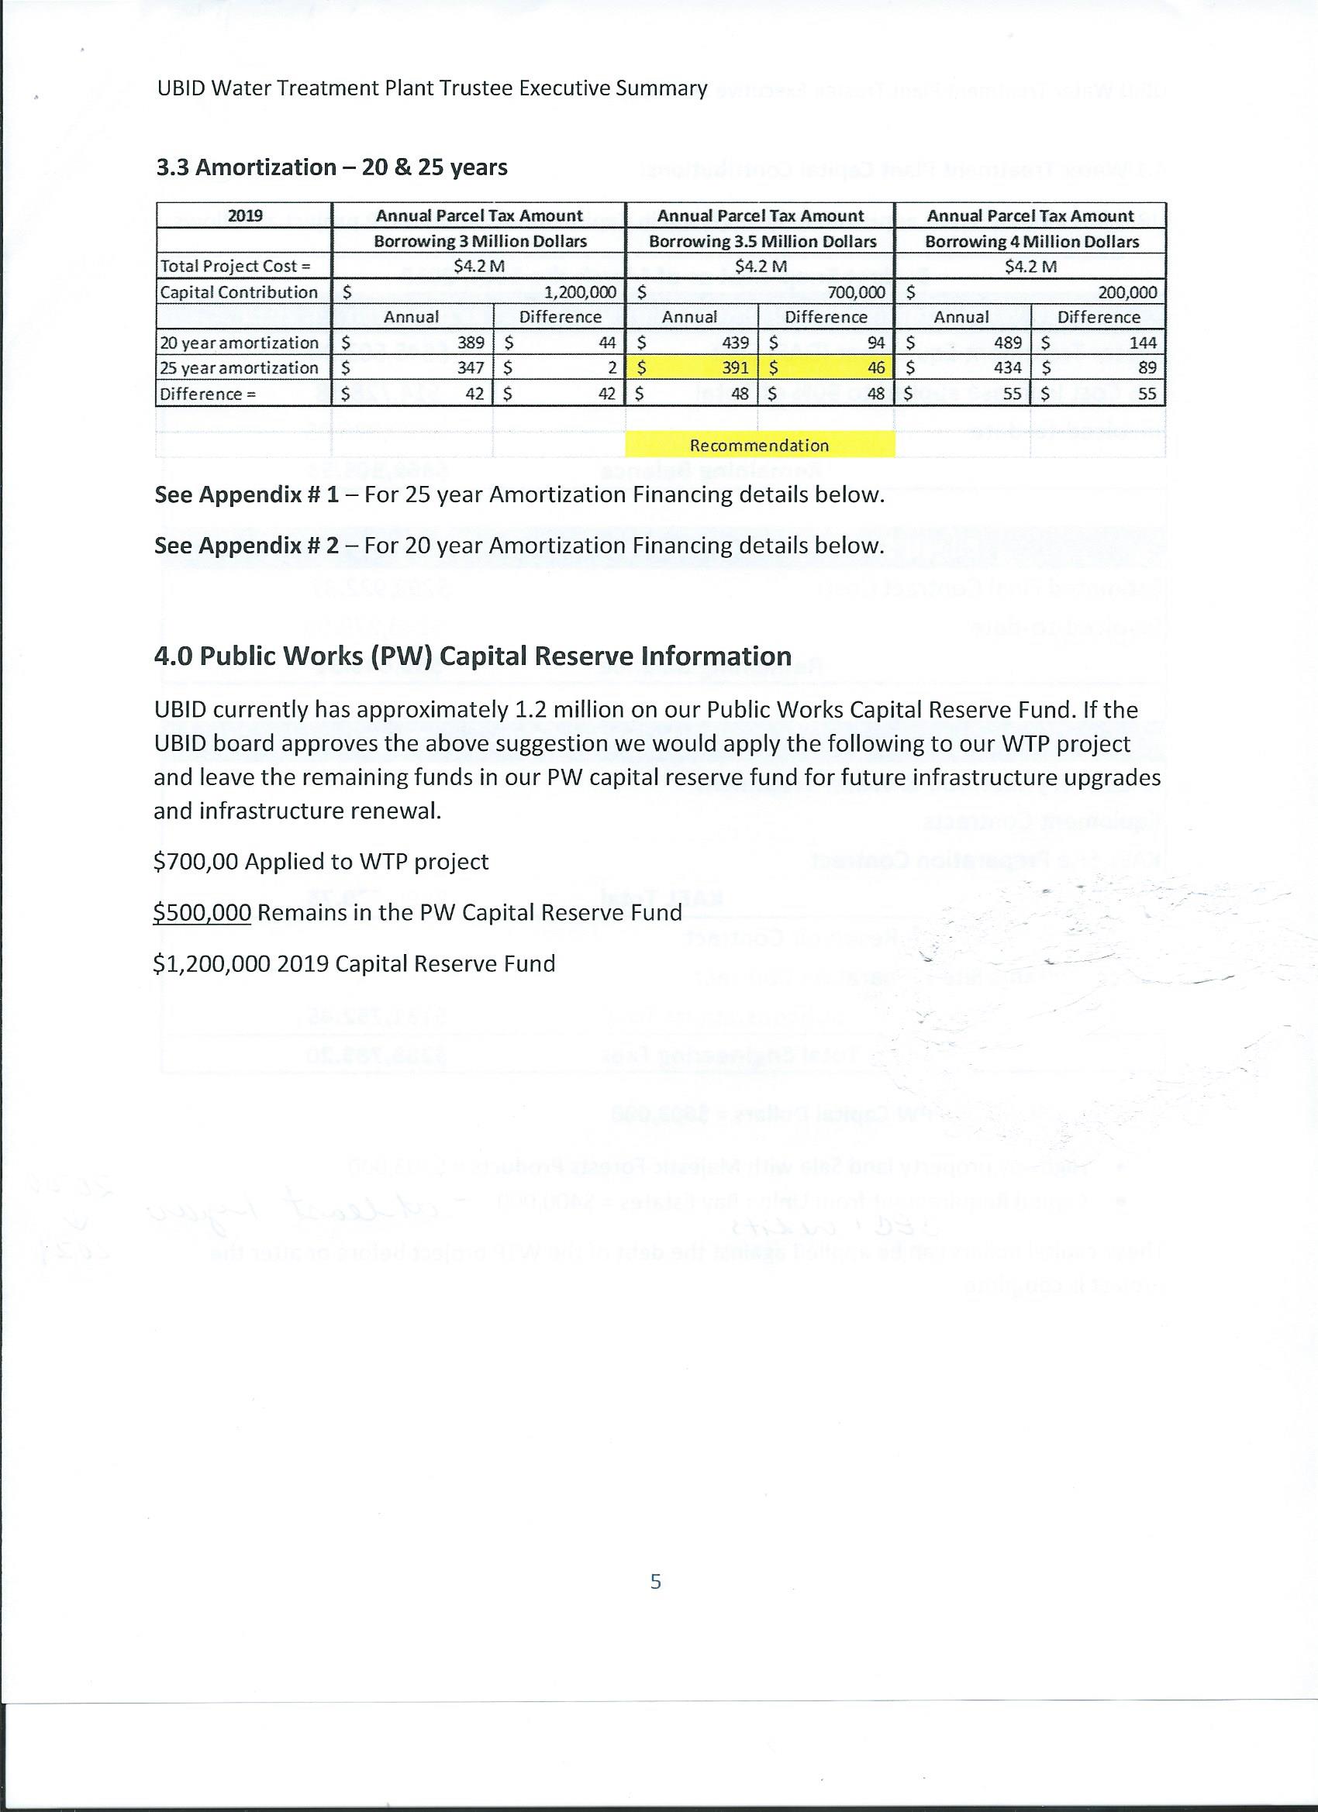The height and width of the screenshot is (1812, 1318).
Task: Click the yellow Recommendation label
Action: pos(759,445)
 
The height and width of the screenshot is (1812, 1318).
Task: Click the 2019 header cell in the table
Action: pos(244,215)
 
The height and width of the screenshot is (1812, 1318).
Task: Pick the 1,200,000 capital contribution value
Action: pos(579,292)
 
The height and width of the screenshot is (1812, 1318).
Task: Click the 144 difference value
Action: pos(1142,343)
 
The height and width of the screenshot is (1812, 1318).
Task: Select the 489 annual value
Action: pos(1008,343)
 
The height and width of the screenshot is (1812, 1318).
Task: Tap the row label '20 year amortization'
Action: pos(240,343)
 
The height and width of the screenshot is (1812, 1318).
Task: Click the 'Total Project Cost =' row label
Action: pos(235,266)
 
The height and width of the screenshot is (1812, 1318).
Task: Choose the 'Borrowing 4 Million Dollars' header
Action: pos(1031,241)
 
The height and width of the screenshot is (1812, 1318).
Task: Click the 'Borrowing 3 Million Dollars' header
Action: pos(480,241)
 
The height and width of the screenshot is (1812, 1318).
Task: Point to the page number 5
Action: pos(655,1581)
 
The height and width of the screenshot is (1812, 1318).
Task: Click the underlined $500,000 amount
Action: pos(202,912)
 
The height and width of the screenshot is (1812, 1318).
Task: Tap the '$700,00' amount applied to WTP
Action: pos(196,861)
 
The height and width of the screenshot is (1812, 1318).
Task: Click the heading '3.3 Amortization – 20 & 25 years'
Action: pos(332,167)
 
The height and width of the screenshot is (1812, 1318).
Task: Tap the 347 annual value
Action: pos(471,368)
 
